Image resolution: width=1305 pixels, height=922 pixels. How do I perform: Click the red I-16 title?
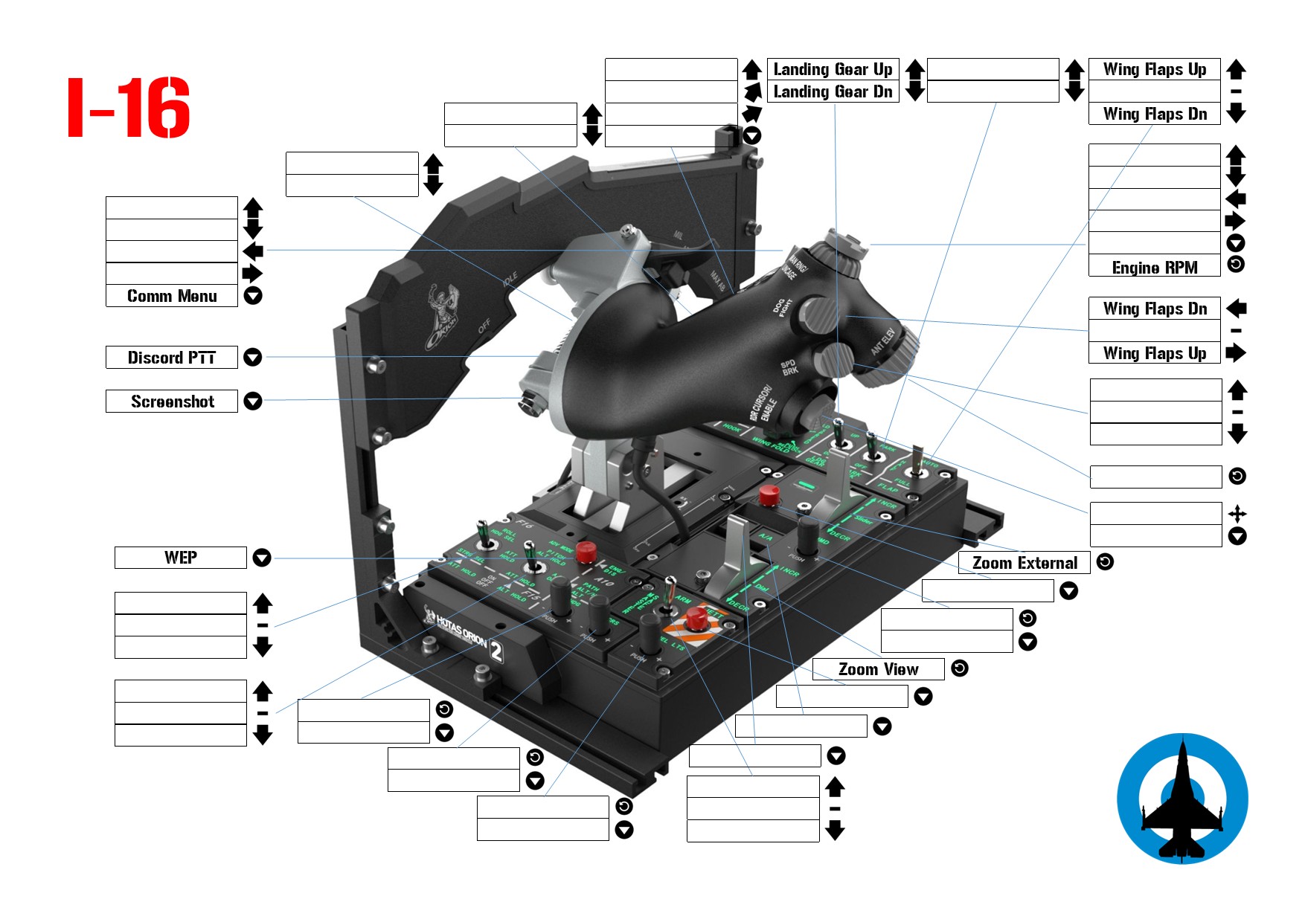click(129, 108)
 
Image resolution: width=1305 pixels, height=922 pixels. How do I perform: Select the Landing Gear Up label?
click(833, 69)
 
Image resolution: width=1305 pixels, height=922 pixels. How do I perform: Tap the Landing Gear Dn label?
click(833, 91)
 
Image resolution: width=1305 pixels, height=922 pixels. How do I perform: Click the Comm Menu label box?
click(172, 296)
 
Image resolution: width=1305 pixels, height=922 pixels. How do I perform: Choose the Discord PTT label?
click(172, 358)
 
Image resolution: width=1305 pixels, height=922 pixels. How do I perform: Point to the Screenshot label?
click(172, 402)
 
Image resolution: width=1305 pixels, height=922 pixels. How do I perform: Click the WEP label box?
click(181, 558)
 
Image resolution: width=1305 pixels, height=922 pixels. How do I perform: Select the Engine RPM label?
click(1155, 267)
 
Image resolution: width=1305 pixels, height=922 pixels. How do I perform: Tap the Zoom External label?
click(1025, 563)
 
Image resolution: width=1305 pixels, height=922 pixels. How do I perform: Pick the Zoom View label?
click(878, 669)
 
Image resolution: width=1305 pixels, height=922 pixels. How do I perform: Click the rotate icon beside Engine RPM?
click(1236, 264)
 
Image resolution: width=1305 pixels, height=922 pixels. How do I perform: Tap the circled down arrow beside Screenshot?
click(253, 402)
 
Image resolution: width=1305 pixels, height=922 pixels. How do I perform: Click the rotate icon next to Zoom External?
click(1106, 562)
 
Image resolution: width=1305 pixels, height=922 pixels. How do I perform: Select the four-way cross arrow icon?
click(1237, 513)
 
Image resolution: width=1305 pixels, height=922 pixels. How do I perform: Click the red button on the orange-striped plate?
click(696, 617)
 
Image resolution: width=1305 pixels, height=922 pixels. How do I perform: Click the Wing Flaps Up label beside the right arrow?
click(1155, 353)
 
